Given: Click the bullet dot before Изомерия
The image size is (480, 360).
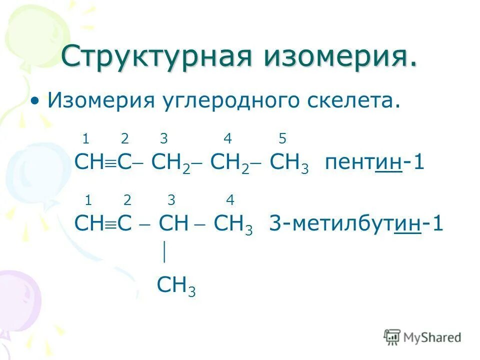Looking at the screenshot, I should click(34, 101).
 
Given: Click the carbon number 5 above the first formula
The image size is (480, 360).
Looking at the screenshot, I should click(282, 138).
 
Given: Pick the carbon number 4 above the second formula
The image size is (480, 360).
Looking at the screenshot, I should click(230, 200).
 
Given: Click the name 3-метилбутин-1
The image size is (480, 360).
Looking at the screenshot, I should click(356, 223).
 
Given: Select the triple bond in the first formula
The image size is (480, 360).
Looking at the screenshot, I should click(110, 163).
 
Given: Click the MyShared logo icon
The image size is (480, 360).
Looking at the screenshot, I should click(392, 336).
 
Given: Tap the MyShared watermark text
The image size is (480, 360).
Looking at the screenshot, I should click(432, 337).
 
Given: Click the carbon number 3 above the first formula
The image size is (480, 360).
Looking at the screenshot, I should click(163, 138).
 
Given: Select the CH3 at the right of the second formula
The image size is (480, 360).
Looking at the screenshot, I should click(233, 224).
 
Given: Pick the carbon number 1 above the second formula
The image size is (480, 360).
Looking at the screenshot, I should click(88, 200).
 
